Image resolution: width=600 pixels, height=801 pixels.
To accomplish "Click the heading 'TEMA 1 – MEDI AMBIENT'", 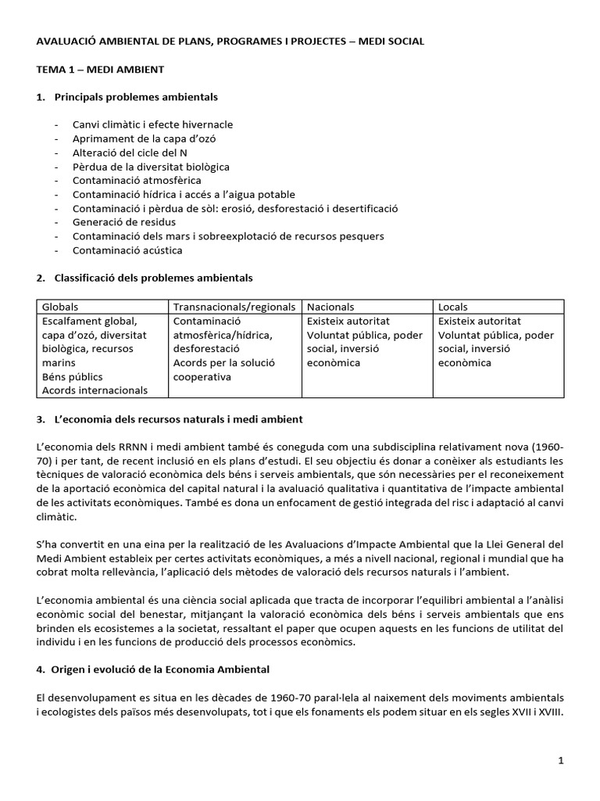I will coord(100,70).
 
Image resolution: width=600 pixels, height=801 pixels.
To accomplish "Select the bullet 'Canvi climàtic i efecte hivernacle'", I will coord(152,124).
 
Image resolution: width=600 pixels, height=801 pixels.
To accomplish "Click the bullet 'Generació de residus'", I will coord(120,222).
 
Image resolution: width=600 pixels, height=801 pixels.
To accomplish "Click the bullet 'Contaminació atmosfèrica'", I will coord(136,181).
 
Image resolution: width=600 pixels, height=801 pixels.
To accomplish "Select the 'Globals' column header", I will coord(60,307).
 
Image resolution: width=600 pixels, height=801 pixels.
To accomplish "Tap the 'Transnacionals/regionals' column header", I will coord(234,307).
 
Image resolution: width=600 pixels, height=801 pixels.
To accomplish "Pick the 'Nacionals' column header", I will coord(330,307).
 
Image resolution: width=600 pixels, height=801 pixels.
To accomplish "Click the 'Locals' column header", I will coord(453,307).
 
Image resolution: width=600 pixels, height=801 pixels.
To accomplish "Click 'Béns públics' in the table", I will coord(72,376).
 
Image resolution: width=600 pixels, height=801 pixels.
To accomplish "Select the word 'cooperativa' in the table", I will coord(202,376).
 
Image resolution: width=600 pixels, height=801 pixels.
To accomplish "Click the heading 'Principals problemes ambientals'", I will coord(136,97).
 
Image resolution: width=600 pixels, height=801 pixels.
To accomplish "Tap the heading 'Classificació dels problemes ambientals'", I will coord(153,278).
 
